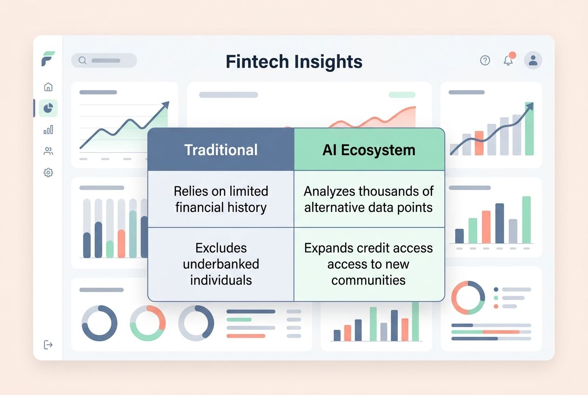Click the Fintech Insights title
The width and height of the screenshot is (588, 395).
point(294,61)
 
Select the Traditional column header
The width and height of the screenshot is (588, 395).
point(221,150)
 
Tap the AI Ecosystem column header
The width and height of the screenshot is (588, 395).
point(369,150)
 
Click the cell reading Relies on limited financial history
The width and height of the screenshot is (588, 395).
point(221,199)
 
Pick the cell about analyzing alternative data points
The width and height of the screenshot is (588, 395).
point(369,199)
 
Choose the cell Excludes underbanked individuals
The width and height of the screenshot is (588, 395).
point(221,264)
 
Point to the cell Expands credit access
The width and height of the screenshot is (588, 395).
point(369,264)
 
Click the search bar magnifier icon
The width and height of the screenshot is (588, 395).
point(82,61)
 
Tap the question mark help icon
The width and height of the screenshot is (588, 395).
point(485,61)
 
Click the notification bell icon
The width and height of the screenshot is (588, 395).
point(508,61)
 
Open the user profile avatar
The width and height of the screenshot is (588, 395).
point(533,61)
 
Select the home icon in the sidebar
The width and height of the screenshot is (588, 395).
point(48,87)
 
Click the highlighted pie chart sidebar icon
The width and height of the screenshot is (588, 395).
point(48,108)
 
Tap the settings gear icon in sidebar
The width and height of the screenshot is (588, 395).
point(48,173)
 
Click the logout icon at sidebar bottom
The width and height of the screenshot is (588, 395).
point(48,345)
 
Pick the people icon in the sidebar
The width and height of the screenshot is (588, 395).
point(48,151)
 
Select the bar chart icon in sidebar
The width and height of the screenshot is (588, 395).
point(48,130)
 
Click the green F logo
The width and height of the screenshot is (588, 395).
point(48,59)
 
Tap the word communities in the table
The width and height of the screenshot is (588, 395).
point(368,280)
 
